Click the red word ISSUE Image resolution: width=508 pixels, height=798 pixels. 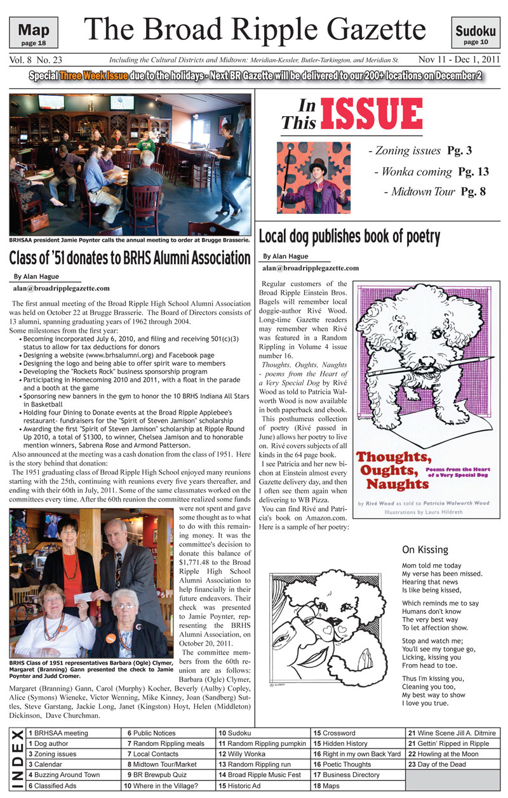point(371,114)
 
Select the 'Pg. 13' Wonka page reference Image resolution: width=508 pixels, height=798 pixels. point(474,171)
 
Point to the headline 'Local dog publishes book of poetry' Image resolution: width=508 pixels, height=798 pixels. point(349,237)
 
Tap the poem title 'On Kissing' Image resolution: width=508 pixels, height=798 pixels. point(425,550)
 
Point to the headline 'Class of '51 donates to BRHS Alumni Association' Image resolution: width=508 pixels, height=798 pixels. point(130,258)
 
